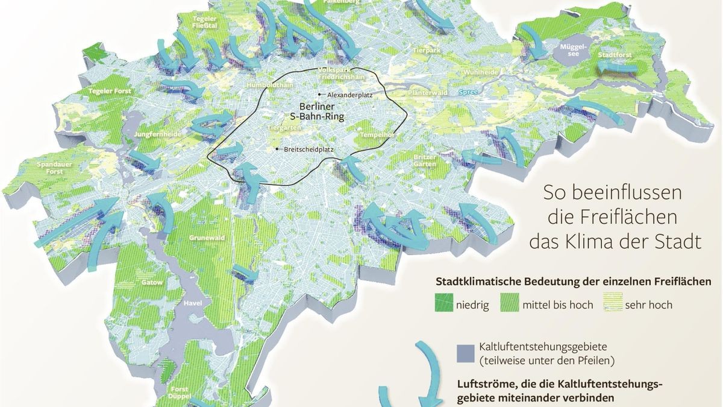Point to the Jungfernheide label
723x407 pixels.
click(x=157, y=134)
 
